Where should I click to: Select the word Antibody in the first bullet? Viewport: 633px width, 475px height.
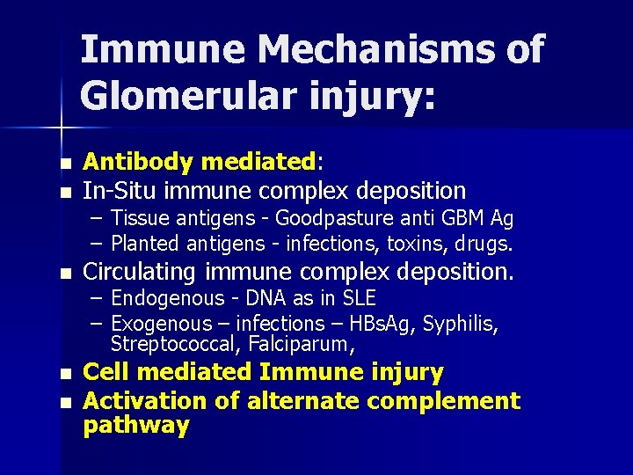[137, 162]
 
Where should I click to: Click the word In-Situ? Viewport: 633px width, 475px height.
[120, 190]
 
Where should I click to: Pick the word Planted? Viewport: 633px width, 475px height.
[145, 242]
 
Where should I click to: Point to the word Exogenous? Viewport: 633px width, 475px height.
[162, 324]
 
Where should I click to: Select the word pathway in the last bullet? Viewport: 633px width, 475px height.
[135, 427]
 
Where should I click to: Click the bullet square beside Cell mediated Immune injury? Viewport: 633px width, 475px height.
[64, 375]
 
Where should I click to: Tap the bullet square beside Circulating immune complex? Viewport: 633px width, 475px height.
[64, 274]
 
